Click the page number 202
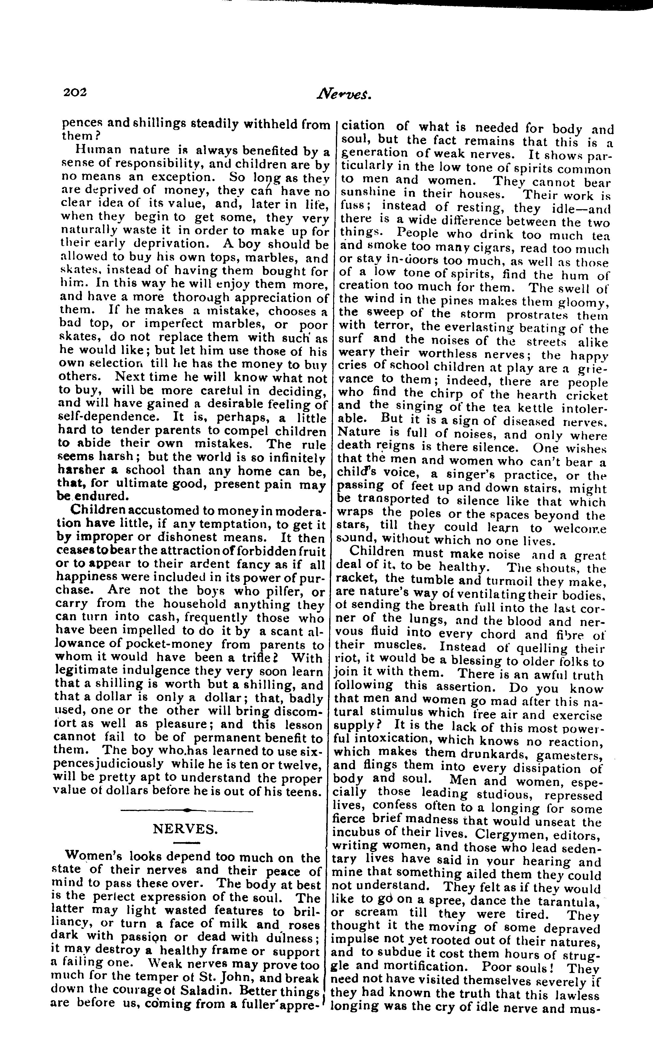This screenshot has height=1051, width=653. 75,92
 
